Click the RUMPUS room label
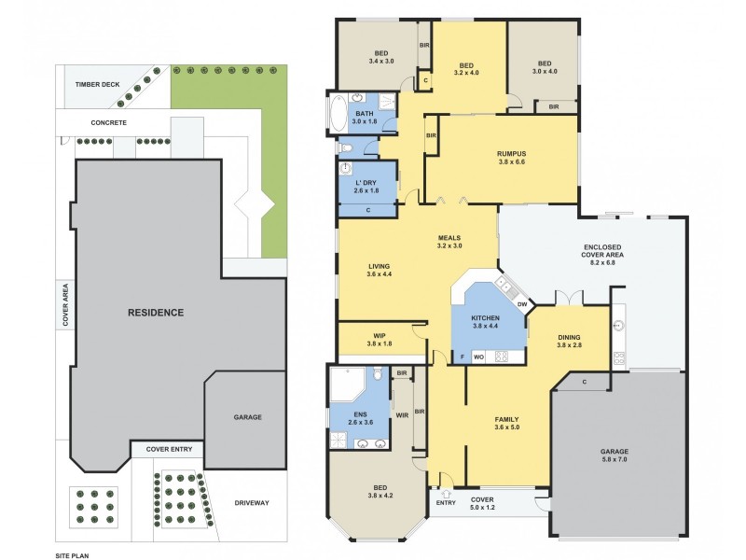(x=512, y=158)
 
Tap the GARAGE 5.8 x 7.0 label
(x=614, y=456)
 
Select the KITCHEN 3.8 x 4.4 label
(x=486, y=323)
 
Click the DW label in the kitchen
(x=522, y=304)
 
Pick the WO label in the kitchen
(x=477, y=357)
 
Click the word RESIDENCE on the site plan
(x=155, y=312)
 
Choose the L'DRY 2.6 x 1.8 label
(x=366, y=186)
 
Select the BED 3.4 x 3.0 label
(x=381, y=56)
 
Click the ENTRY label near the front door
(x=446, y=504)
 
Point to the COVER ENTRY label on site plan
(x=169, y=449)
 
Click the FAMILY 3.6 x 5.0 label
(x=506, y=424)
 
